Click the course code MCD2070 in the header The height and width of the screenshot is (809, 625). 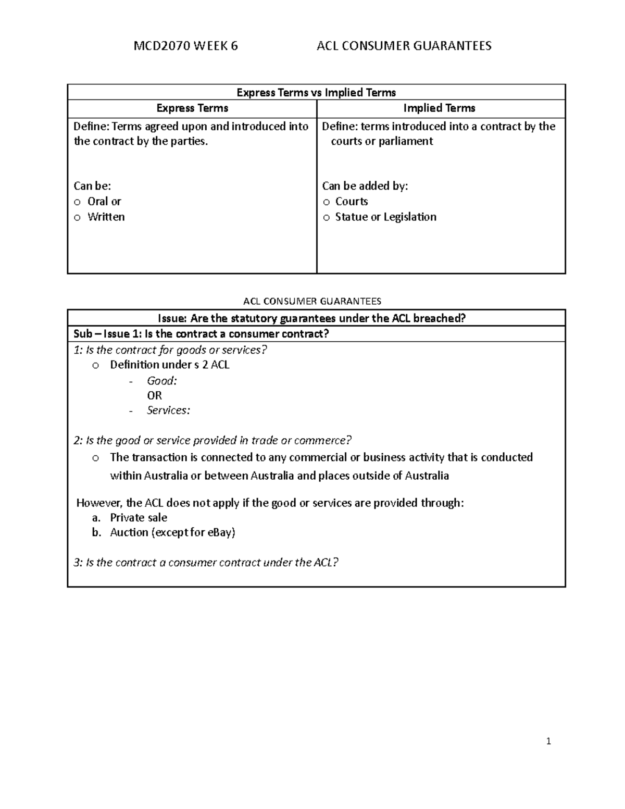coord(161,46)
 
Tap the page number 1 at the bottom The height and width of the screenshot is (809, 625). coord(548,741)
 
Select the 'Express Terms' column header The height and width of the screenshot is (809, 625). coord(192,108)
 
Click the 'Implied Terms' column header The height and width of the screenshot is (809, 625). coord(439,108)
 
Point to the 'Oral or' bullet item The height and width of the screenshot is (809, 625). coord(104,202)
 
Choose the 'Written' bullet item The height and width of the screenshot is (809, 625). coord(106,217)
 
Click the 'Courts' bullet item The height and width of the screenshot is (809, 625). coord(352,202)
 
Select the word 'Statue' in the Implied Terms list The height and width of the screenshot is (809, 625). coord(351,217)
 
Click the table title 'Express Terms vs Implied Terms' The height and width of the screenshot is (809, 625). coord(316,93)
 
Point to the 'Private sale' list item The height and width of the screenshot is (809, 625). coord(139,518)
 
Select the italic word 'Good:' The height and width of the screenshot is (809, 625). coord(162,381)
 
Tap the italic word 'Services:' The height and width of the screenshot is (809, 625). coord(168,410)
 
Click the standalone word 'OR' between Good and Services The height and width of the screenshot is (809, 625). coord(154,395)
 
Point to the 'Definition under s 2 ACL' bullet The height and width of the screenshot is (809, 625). coord(169,365)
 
